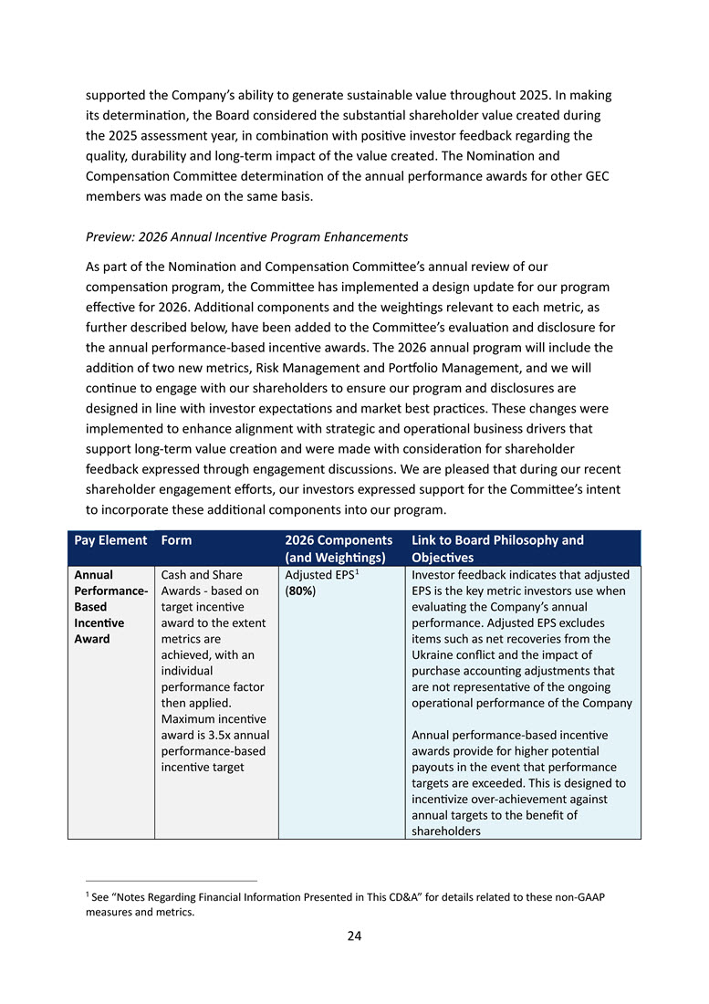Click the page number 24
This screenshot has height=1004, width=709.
pyautogui.click(x=354, y=936)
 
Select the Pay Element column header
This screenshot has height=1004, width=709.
pyautogui.click(x=110, y=540)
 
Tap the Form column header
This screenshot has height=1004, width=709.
pyautogui.click(x=176, y=540)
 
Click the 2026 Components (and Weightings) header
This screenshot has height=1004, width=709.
pyautogui.click(x=339, y=549)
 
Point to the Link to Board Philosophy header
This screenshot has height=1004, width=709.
pyautogui.click(x=497, y=540)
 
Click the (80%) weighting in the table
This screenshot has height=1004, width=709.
pyautogui.click(x=300, y=591)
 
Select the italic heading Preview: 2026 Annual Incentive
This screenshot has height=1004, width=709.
pyautogui.click(x=246, y=237)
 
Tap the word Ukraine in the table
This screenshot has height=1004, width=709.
pyautogui.click(x=433, y=654)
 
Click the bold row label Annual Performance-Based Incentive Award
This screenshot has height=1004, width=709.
pyautogui.click(x=110, y=607)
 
